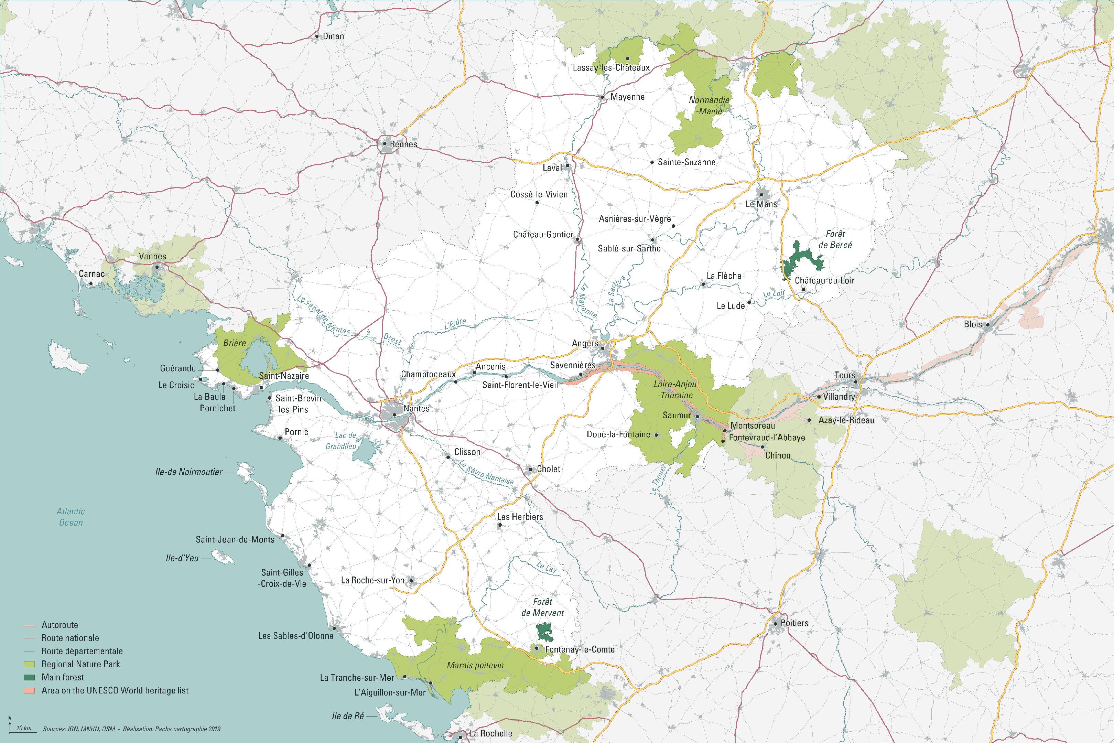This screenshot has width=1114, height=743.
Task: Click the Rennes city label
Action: click(x=403, y=144)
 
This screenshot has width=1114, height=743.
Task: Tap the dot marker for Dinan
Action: click(x=317, y=36)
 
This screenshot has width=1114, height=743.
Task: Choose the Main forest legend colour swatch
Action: click(x=30, y=678)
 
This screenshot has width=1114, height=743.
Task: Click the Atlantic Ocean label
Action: click(x=71, y=517)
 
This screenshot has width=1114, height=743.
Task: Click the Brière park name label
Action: click(x=235, y=343)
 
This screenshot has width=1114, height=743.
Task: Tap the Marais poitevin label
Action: click(x=475, y=665)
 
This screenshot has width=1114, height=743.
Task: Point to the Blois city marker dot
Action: click(x=987, y=325)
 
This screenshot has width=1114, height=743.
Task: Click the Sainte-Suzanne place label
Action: click(x=686, y=162)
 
